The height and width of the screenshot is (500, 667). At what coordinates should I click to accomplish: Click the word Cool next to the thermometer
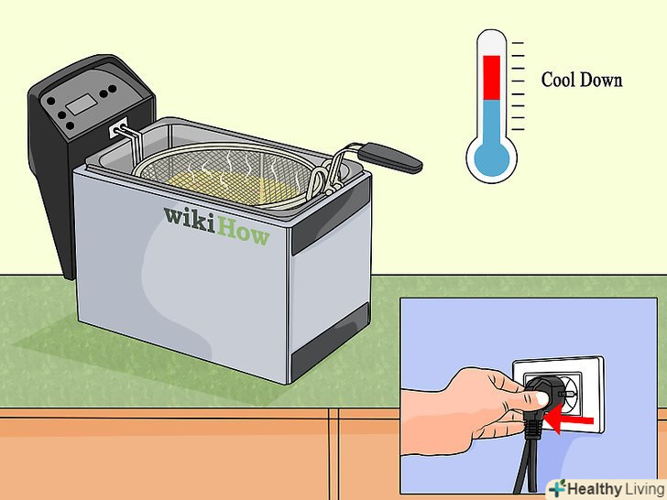(558, 80)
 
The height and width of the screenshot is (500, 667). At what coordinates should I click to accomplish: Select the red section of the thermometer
(492, 77)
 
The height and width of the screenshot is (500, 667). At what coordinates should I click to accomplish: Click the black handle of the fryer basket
(390, 158)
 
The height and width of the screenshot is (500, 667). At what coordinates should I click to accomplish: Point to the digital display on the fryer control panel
(81, 104)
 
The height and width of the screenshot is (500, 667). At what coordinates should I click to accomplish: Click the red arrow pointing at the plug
(568, 421)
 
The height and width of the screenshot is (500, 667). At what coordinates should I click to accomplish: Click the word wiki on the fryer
(190, 219)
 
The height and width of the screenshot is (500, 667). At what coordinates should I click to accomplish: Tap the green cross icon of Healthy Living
(557, 488)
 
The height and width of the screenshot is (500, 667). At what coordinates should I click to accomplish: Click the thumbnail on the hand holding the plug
(541, 398)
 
